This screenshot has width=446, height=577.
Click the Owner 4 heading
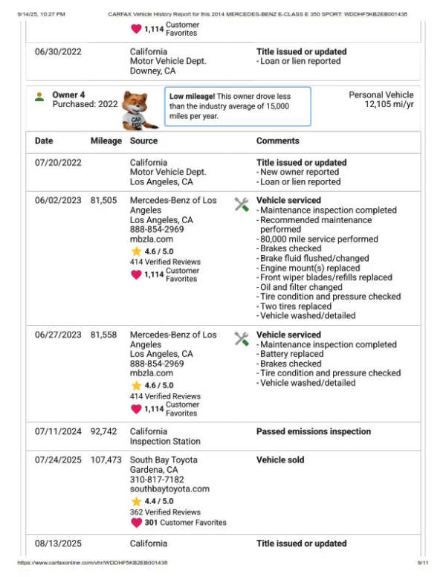pyautogui.click(x=68, y=95)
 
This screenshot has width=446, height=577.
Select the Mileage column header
pyautogui.click(x=106, y=141)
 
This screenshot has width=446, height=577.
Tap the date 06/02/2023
pyautogui.click(x=58, y=201)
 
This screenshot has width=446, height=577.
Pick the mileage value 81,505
pyautogui.click(x=106, y=201)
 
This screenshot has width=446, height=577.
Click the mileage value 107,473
pyautogui.click(x=106, y=460)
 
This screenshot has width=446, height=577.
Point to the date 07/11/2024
pyautogui.click(x=58, y=431)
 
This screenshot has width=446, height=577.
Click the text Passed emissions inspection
pyautogui.click(x=313, y=431)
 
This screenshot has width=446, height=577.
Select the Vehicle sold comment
pyautogui.click(x=281, y=460)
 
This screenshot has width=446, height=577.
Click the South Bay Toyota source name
pyautogui.click(x=164, y=460)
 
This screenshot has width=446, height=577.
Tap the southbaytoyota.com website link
pyautogui.click(x=169, y=489)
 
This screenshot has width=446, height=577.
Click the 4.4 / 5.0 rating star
pyautogui.click(x=136, y=502)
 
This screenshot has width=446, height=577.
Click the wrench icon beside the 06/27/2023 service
pyautogui.click(x=242, y=339)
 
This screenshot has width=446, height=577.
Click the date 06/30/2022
pyautogui.click(x=58, y=52)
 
